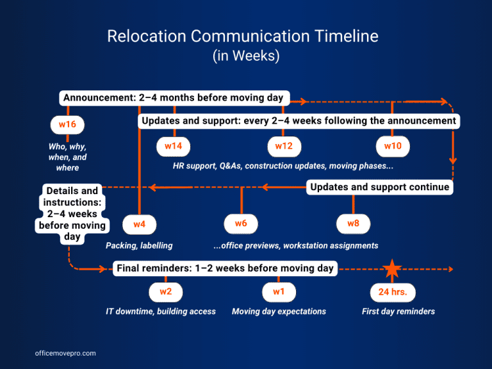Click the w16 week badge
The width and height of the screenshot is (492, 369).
[x=67, y=124]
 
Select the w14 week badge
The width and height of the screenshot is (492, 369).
[x=174, y=146]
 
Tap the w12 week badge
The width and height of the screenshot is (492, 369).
[x=284, y=146]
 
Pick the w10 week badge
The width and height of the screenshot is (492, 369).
[x=393, y=146]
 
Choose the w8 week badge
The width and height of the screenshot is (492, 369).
[x=353, y=224]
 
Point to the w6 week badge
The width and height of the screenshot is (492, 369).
[x=241, y=224]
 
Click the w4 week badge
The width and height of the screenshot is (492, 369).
[x=139, y=224]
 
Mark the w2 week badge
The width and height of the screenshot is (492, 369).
[x=165, y=291]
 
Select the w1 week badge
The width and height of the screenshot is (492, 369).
[x=279, y=291]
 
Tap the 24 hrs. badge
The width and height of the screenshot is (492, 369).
[x=393, y=292]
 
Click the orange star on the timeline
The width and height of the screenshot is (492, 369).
[x=392, y=269]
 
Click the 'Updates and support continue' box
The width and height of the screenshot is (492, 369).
[x=380, y=187]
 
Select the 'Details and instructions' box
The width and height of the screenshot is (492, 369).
[x=72, y=213]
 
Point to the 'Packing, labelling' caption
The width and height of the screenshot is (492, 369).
[x=139, y=245]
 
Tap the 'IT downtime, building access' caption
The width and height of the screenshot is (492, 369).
[x=161, y=311]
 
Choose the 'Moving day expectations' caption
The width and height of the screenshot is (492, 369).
[x=279, y=311]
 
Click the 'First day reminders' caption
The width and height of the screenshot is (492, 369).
[x=398, y=311]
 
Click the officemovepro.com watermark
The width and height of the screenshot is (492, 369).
[x=65, y=353]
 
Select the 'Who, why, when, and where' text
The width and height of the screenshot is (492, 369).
[x=67, y=157]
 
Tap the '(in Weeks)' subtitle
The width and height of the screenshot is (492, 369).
[x=246, y=56]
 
